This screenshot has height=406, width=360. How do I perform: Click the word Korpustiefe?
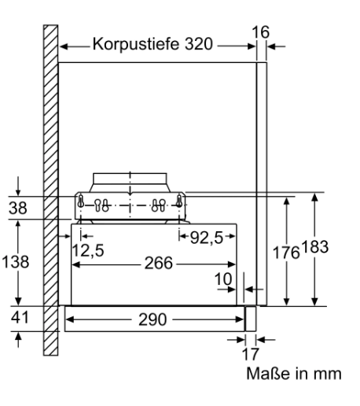[x=136, y=44]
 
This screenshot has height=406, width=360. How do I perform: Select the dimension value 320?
[x=199, y=43]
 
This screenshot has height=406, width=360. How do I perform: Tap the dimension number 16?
[x=260, y=32]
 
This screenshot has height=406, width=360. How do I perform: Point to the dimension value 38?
[x=18, y=208]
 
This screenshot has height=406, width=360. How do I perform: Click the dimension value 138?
[x=15, y=262]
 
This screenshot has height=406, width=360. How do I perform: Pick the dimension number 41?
[x=20, y=318]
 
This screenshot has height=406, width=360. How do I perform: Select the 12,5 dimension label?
[x=88, y=250]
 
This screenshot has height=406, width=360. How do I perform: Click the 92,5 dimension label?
[x=207, y=238]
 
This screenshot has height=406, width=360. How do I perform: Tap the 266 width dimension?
[x=159, y=263]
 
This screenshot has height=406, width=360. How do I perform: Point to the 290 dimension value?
[x=152, y=319]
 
